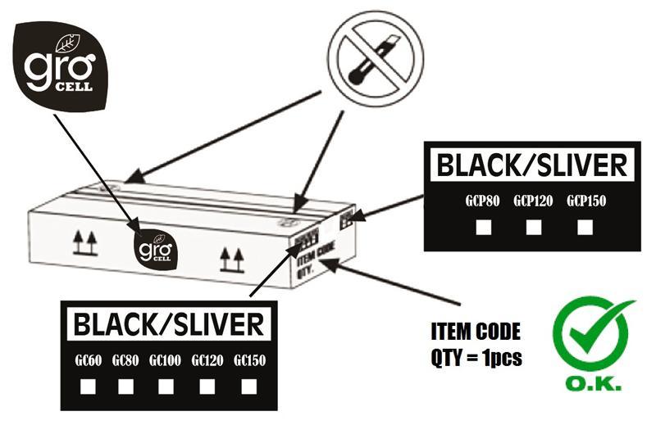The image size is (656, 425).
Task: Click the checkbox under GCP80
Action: point(484,227)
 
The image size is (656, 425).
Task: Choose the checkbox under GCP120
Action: point(534,227)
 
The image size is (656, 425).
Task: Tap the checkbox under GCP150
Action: point(584,227)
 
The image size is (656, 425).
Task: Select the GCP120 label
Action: point(534,201)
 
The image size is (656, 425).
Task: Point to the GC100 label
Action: point(165,359)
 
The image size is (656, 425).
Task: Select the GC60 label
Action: point(87,359)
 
